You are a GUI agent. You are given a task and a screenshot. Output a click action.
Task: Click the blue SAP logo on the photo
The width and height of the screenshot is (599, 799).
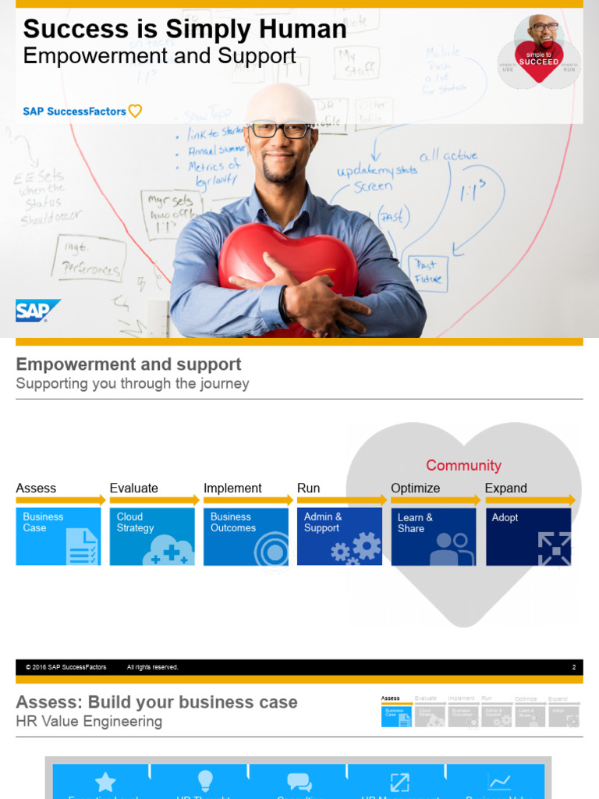point(37,311)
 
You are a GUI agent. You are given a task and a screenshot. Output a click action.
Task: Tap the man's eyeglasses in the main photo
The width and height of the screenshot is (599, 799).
point(279,130)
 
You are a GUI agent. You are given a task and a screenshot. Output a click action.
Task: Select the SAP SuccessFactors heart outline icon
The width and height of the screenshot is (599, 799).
point(135,112)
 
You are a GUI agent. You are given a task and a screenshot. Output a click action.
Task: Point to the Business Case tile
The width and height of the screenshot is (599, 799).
point(58,536)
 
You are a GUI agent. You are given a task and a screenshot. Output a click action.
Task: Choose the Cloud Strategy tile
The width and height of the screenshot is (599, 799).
point(152,536)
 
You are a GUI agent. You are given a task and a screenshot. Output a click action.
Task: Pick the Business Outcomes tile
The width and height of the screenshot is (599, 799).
point(246,536)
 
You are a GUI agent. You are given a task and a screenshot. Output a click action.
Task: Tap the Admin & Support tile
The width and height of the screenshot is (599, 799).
point(339,536)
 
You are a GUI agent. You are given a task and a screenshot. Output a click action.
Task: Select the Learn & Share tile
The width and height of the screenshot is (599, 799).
point(433,536)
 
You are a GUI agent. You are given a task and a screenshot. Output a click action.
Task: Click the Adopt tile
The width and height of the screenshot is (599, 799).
point(528,536)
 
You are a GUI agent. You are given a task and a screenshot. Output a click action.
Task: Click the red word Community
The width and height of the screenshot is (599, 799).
point(463,466)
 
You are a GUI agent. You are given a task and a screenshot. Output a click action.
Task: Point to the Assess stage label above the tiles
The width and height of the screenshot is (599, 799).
point(36,488)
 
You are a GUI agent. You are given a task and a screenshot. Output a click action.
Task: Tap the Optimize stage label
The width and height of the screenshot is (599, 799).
point(415,488)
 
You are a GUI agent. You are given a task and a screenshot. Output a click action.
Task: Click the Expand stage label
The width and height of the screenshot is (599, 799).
point(505,488)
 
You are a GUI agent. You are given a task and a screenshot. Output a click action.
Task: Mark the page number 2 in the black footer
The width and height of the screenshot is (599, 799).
point(573,667)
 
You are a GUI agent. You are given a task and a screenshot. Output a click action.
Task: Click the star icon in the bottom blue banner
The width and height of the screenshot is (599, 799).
point(105,782)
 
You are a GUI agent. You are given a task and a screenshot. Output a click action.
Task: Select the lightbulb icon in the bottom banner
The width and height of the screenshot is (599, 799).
point(205,780)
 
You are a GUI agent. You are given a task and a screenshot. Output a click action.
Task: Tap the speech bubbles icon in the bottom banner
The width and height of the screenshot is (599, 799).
point(299,782)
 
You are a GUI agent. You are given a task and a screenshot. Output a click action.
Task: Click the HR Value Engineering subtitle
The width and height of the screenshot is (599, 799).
point(89,722)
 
